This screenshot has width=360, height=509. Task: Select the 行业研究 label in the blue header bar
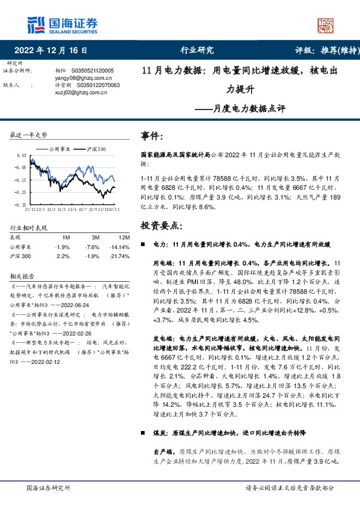197,51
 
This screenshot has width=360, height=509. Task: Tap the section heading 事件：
151,135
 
